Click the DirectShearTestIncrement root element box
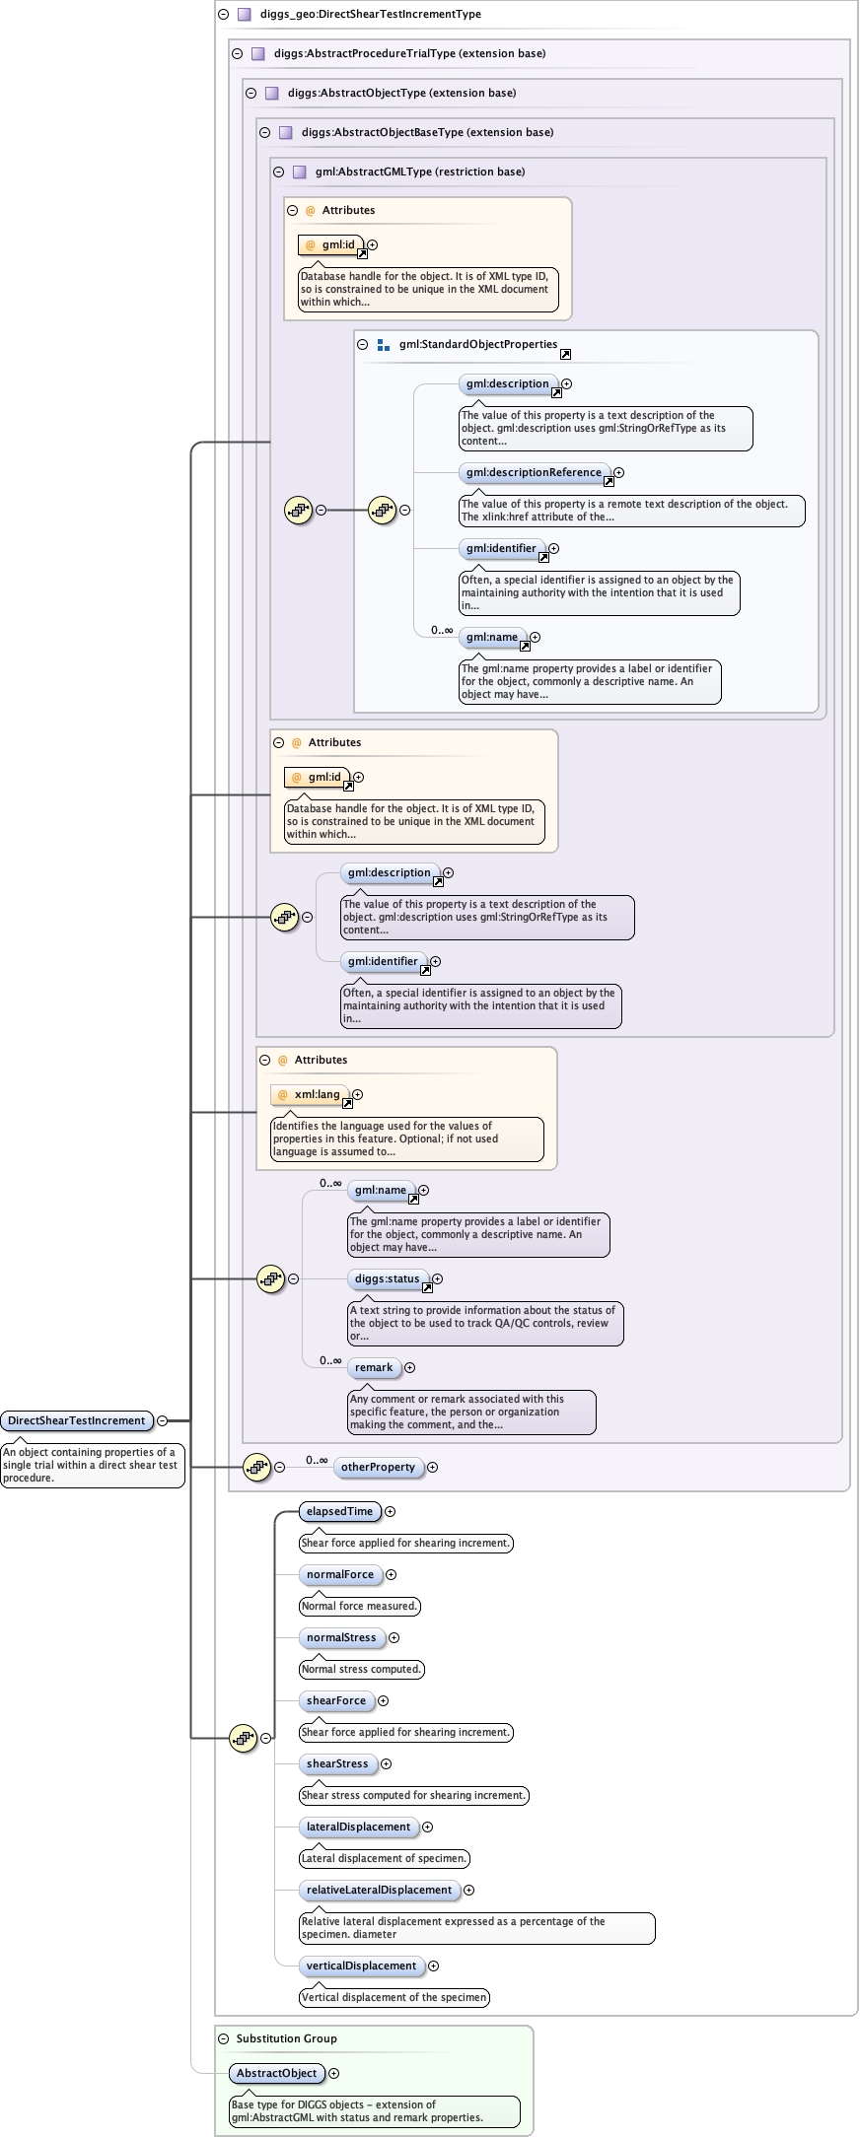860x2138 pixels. [77, 1420]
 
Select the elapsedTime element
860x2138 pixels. [339, 1511]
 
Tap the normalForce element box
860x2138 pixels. [340, 1574]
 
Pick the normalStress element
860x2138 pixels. [341, 1637]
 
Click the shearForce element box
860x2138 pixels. [336, 1700]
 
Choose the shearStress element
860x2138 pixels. [337, 1763]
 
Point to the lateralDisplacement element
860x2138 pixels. [358, 1827]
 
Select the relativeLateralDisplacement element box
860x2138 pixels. [379, 1890]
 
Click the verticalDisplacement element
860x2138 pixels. [361, 1966]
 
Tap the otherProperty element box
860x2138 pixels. [378, 1467]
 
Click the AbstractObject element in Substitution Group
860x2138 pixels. [276, 2073]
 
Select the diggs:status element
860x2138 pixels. [388, 1278]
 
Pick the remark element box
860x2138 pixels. [374, 1367]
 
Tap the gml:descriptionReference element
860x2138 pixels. [534, 472]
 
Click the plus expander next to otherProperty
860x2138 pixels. [432, 1467]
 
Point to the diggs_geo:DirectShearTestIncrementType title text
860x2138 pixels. [371, 14]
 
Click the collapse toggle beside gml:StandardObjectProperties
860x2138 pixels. [362, 344]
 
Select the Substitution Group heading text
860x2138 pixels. [286, 2038]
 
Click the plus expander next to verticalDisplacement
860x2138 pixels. [433, 1966]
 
